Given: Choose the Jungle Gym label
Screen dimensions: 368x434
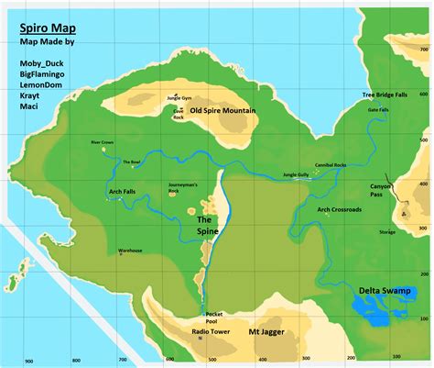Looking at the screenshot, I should [x=180, y=98].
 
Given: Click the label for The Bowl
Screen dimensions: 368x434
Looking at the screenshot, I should [x=132, y=162].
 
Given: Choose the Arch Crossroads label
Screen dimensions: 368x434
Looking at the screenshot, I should [x=339, y=209].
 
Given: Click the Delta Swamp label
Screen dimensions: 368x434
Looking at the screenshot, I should [x=381, y=291].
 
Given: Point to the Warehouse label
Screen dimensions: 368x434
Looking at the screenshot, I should [x=130, y=251].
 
